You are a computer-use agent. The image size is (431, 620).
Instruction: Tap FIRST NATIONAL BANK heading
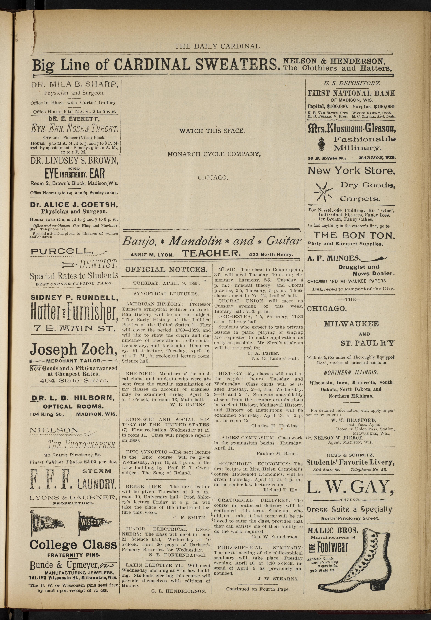351,93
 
